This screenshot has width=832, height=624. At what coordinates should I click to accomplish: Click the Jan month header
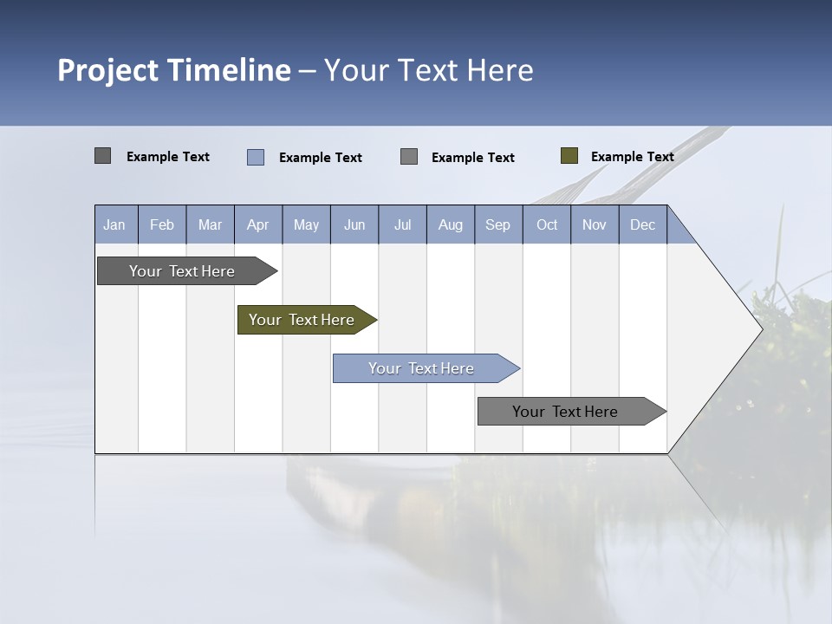pyautogui.click(x=114, y=224)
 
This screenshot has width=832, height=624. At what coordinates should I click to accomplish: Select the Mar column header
pyautogui.click(x=210, y=224)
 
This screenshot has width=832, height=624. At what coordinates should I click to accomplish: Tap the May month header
pyautogui.click(x=306, y=224)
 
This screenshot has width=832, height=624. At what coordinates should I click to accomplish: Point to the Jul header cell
pyautogui.click(x=402, y=224)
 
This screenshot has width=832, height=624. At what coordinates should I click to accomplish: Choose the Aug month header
pyautogui.click(x=450, y=224)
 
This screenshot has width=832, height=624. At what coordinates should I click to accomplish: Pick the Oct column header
pyautogui.click(x=547, y=224)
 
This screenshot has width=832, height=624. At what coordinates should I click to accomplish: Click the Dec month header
pyautogui.click(x=642, y=224)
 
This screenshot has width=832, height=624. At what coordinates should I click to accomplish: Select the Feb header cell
pyautogui.click(x=162, y=224)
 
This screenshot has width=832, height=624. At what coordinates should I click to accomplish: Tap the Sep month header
pyautogui.click(x=497, y=224)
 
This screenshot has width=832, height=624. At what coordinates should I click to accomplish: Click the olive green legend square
pyautogui.click(x=569, y=156)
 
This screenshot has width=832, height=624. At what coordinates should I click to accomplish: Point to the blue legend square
pyautogui.click(x=256, y=157)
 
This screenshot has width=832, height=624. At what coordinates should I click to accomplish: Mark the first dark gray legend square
pyautogui.click(x=102, y=156)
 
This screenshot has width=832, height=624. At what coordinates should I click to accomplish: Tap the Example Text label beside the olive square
pyautogui.click(x=632, y=156)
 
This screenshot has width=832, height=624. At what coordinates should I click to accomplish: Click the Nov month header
pyautogui.click(x=595, y=224)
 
